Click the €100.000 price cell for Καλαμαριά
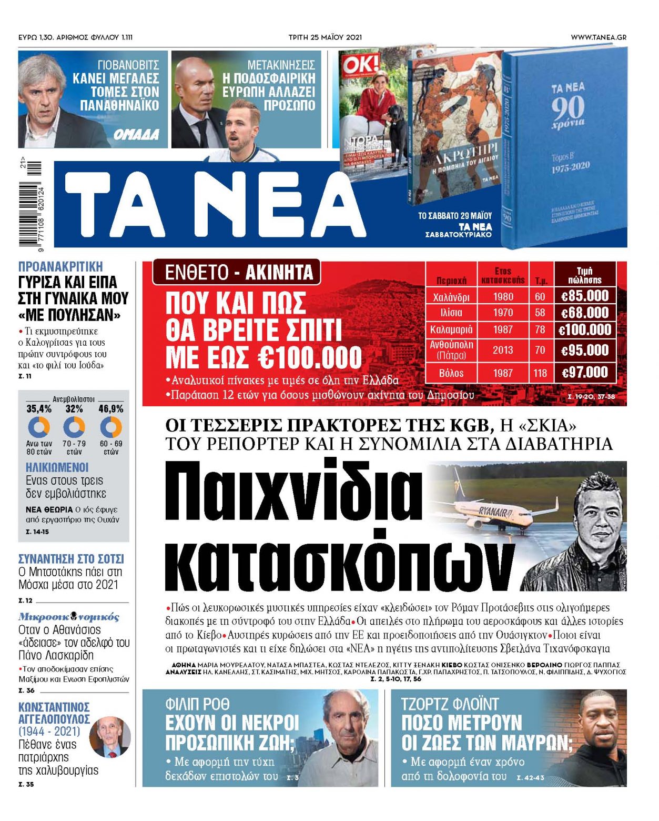(585, 330)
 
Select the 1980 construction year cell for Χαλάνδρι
(503, 297)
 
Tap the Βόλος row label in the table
(451, 373)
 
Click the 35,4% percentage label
(39, 409)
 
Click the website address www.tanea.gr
(598, 37)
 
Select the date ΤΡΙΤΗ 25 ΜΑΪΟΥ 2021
(325, 37)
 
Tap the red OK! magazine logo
(360, 65)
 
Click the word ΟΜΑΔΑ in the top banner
(136, 135)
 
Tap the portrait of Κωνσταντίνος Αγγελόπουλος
(110, 737)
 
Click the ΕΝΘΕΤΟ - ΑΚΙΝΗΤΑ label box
(236, 273)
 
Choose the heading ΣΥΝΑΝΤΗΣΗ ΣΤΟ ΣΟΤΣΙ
(71, 559)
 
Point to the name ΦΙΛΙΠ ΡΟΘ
(197, 704)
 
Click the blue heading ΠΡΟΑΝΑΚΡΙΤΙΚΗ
(60, 266)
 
